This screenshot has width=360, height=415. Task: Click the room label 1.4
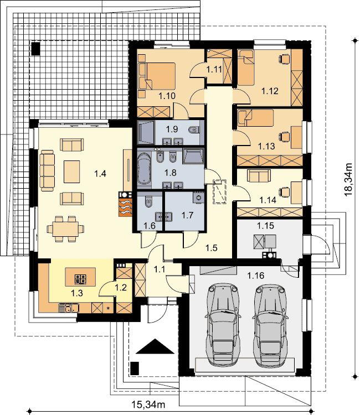(100, 174)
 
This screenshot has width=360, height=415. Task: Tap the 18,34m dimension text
(348, 179)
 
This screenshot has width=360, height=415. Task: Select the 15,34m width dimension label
(148, 404)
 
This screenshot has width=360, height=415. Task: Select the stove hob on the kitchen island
(80, 279)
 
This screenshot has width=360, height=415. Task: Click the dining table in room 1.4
(65, 229)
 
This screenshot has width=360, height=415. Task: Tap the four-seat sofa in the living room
(47, 170)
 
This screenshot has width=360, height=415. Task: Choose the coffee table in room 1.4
(71, 172)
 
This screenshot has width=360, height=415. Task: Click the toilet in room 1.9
(194, 130)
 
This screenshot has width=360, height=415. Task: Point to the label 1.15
(265, 226)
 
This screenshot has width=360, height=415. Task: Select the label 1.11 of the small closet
(214, 70)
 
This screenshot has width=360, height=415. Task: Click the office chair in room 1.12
(284, 59)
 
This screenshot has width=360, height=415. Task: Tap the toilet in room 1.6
(148, 201)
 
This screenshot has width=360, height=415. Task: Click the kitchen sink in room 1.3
(68, 308)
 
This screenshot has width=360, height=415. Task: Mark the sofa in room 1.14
(259, 175)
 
